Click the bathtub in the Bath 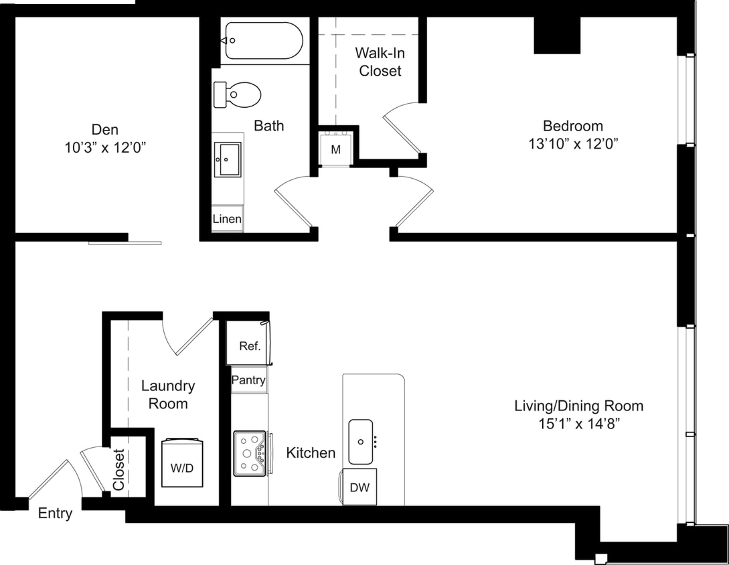click(x=264, y=41)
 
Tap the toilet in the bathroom click(x=237, y=95)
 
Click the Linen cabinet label click(x=227, y=219)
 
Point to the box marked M click(x=336, y=149)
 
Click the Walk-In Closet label click(x=379, y=62)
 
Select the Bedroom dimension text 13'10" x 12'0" click(x=572, y=143)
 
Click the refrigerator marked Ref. click(x=249, y=345)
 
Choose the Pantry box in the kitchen click(x=248, y=380)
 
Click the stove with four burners click(x=250, y=453)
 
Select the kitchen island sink click(x=361, y=441)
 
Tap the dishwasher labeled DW click(x=359, y=487)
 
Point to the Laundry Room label click(x=168, y=395)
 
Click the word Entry click(x=55, y=513)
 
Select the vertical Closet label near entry click(x=119, y=470)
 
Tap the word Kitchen click(x=311, y=453)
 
